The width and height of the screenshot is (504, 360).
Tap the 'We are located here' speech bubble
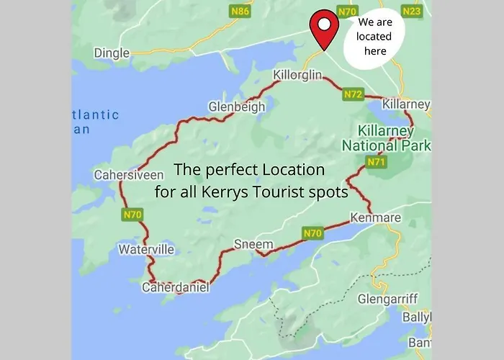coord(374,37)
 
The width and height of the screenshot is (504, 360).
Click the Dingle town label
coord(112,53)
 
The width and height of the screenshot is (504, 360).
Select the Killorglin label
coord(298,76)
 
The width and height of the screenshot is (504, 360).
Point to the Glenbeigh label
coord(236,107)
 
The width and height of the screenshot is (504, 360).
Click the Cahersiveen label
coord(121,175)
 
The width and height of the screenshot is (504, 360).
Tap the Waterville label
coord(146,250)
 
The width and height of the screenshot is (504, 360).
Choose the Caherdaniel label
coord(175,287)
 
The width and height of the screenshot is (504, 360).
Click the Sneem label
coord(254,245)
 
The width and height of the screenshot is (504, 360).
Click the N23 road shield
coord(412,11)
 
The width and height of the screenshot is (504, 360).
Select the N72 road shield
coord(353,94)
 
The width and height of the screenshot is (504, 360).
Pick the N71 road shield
coord(377,162)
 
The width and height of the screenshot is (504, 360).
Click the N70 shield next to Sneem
coord(312,233)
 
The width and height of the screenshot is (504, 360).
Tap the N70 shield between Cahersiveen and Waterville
coord(132,214)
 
